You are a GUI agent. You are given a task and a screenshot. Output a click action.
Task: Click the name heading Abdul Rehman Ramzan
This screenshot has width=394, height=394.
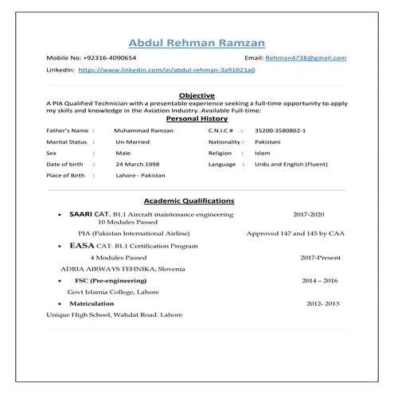click(197, 41)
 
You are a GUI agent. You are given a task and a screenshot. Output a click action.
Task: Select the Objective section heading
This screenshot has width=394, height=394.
click(197, 95)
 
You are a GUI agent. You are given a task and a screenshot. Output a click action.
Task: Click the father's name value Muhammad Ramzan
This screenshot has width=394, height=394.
click(144, 129)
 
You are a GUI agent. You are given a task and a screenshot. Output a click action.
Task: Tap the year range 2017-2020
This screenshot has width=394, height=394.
click(309, 215)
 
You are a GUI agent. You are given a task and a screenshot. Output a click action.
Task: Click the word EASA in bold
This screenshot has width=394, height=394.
click(83, 248)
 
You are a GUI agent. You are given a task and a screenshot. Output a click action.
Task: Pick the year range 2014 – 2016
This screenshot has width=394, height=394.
click(319, 281)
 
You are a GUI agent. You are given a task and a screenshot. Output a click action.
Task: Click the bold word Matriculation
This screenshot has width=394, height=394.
click(92, 303)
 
